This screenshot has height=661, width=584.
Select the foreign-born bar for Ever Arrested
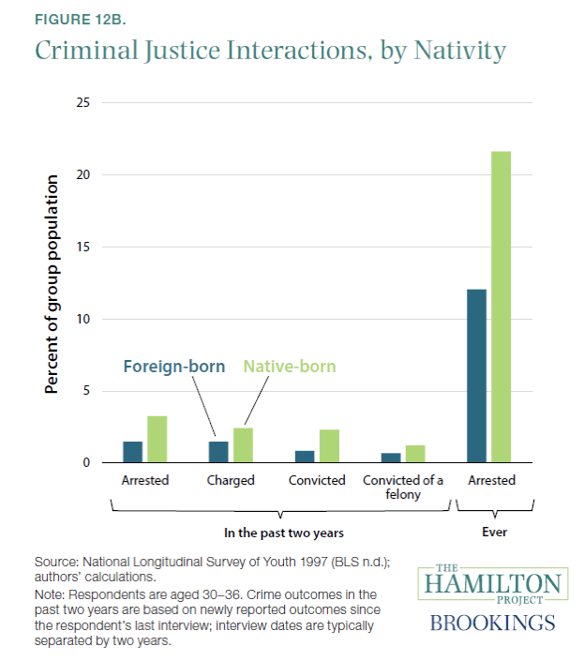tap(476, 375)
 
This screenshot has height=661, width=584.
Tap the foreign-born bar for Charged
tap(217, 452)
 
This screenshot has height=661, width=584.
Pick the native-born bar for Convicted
tap(328, 445)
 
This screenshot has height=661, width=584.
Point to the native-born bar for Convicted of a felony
tap(415, 454)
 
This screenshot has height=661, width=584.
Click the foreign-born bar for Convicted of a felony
tap(392, 458)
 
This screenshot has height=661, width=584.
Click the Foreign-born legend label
tap(173, 366)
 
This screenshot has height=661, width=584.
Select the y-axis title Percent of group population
tap(52, 283)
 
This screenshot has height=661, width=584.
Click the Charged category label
tap(230, 481)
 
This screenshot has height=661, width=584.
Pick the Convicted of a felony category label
tap(403, 488)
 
